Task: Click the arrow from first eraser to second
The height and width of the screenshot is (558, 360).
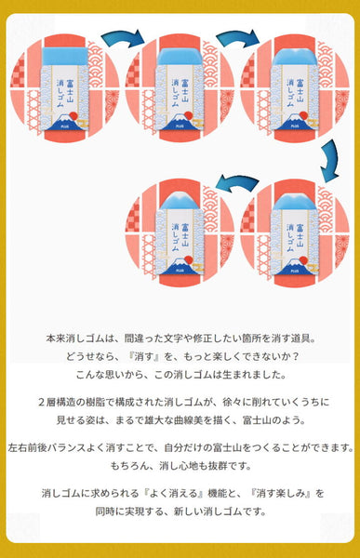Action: (123, 38)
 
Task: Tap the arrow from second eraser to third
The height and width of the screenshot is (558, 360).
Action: (238, 38)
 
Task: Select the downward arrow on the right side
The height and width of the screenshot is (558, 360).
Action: (330, 160)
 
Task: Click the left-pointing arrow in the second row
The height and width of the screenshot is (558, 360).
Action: (237, 182)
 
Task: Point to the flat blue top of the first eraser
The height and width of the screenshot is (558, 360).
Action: (65, 56)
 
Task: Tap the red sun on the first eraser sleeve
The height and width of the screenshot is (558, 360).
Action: (73, 115)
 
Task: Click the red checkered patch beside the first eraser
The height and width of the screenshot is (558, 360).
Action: (18, 73)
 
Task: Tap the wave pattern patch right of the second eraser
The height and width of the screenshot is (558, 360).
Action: (210, 64)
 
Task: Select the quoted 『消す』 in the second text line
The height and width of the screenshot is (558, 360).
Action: (143, 356)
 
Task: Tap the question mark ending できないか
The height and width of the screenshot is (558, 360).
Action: (294, 356)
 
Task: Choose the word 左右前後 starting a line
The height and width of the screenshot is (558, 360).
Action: (27, 447)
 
